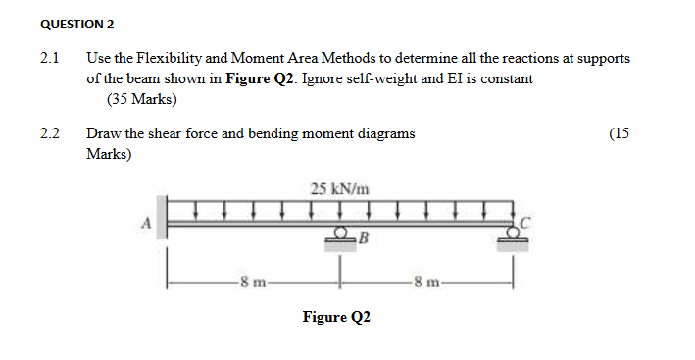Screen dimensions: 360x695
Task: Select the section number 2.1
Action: click(x=50, y=59)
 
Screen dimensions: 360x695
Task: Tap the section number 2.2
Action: click(x=50, y=134)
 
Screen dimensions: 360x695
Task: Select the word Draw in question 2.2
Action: click(x=103, y=134)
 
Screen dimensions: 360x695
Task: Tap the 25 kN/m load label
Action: click(x=339, y=188)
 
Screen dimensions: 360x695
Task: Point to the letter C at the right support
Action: click(x=526, y=222)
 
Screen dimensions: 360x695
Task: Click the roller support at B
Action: click(x=339, y=236)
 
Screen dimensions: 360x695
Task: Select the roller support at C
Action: click(x=512, y=236)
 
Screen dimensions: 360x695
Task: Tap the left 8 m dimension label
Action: click(x=251, y=284)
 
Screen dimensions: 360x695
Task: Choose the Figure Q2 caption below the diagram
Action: click(x=336, y=317)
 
